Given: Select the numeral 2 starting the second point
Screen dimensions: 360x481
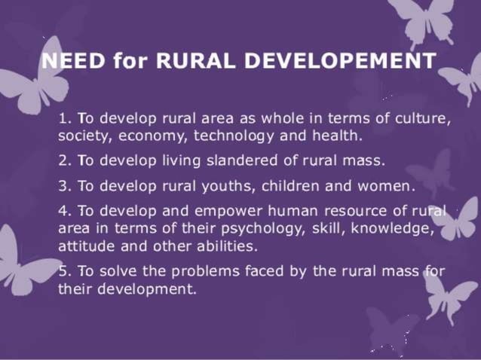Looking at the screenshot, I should [x=62, y=160].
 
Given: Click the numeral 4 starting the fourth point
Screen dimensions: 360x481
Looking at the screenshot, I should [x=62, y=211].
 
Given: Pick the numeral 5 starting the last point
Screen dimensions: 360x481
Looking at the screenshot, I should [x=62, y=271].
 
